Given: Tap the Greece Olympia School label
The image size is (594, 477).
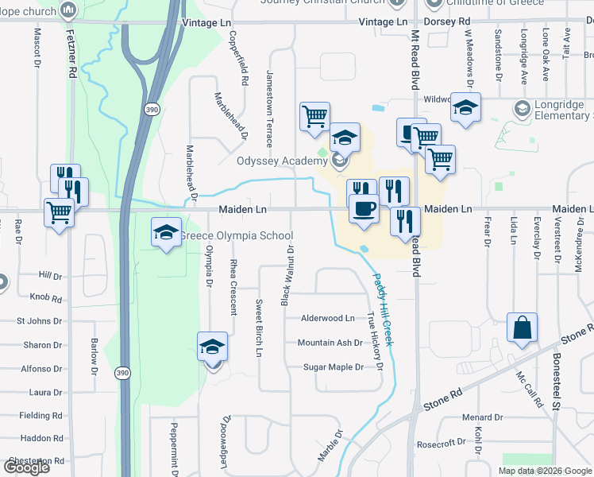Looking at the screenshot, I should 236,236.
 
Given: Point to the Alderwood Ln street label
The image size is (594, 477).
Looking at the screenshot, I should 327,318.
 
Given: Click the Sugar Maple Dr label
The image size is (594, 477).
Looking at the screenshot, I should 334,367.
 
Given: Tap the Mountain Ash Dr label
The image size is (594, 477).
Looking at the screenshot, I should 330,343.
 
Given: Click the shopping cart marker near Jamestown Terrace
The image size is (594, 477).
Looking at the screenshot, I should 314,115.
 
